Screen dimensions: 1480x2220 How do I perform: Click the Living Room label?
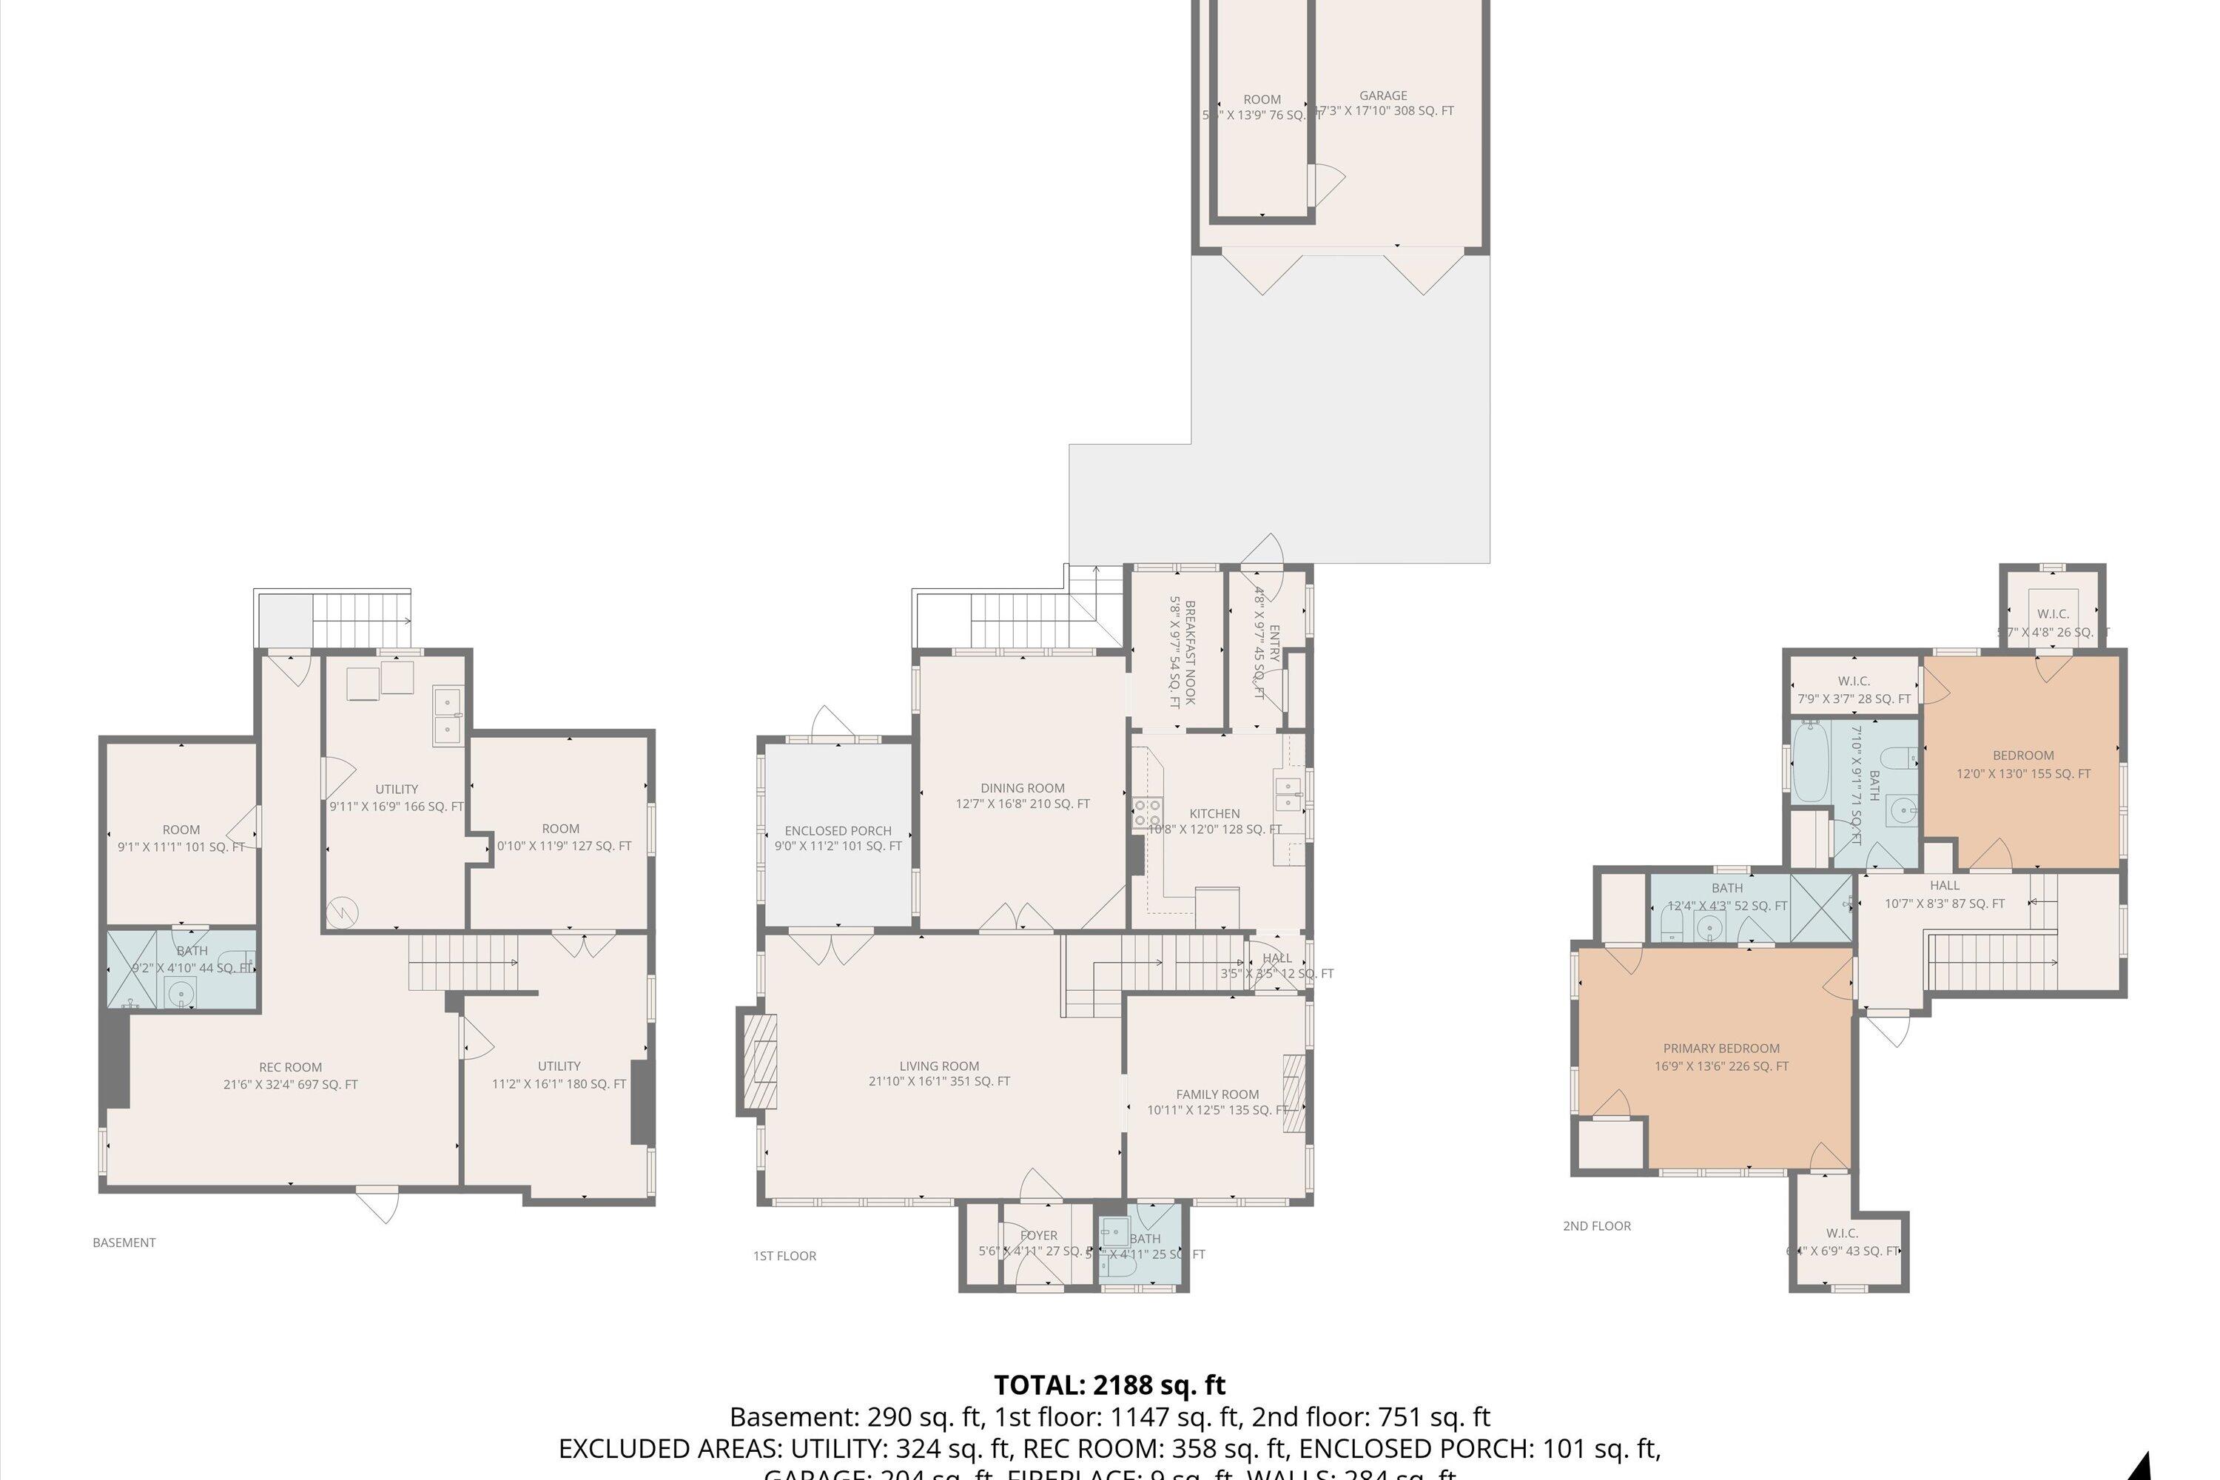(939, 1073)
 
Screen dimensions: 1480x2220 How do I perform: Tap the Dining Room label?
(1022, 795)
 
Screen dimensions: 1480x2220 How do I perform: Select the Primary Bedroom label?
(1720, 1056)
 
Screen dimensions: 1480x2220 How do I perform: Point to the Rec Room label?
(290, 1075)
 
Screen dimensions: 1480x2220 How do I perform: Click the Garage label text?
(1383, 95)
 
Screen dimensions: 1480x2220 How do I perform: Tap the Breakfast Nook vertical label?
(1183, 652)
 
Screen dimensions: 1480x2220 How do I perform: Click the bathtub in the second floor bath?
(1810, 763)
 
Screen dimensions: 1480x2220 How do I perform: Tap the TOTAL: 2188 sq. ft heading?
(1109, 1385)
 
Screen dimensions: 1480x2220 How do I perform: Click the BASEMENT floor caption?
(124, 1242)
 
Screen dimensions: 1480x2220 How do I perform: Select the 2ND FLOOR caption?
(1596, 1226)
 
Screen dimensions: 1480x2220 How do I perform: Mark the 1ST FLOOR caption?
(784, 1255)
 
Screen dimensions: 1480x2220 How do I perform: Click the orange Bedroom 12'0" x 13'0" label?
(2022, 764)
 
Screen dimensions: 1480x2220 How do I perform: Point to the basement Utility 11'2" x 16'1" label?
(559, 1074)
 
